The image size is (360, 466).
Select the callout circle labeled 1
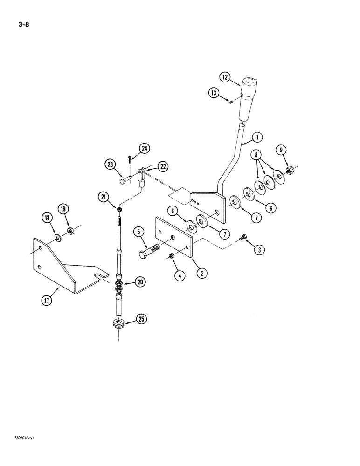coord(256,137)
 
